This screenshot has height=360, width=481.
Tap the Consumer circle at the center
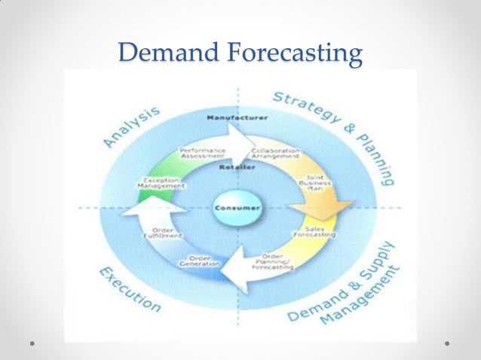[238, 207]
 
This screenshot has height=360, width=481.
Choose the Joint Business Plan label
[310, 185]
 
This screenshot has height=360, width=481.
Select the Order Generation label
[199, 261]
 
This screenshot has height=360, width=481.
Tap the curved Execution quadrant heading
[127, 289]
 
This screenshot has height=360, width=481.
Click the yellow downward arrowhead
[320, 206]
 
